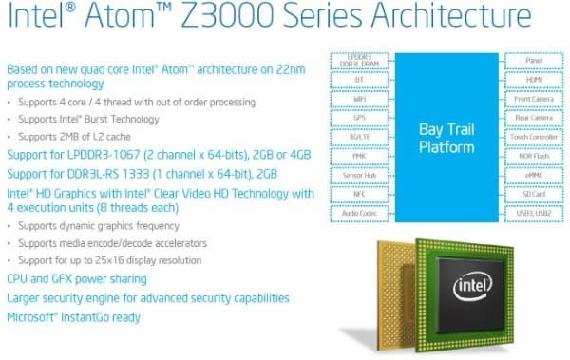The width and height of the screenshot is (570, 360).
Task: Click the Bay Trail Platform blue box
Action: [447, 137]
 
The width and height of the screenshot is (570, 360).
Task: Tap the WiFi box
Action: [359, 99]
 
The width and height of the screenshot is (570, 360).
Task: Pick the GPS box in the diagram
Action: [359, 118]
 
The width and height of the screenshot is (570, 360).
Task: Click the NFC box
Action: [359, 196]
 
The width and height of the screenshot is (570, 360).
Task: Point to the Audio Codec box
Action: [359, 215]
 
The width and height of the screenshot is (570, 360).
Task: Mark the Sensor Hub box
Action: [359, 177]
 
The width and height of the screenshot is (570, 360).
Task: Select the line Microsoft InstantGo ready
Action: [74, 315]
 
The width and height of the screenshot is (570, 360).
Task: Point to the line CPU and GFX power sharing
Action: [77, 279]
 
